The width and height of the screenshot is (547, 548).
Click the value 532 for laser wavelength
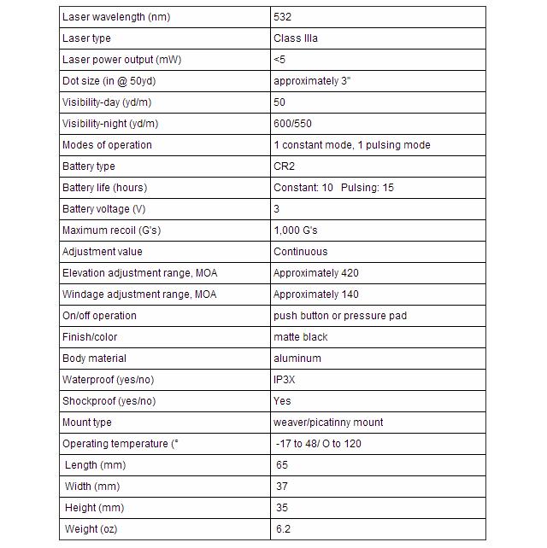click(282, 17)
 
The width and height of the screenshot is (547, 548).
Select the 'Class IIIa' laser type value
click(296, 38)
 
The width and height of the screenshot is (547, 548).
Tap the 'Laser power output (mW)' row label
click(121, 60)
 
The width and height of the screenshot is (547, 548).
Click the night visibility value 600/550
click(293, 124)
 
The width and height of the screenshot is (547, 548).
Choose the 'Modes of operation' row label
click(107, 145)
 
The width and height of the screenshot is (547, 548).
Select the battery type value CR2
click(284, 166)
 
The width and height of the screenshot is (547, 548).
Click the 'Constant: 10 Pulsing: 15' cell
click(333, 188)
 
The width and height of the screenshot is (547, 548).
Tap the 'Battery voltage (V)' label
click(103, 209)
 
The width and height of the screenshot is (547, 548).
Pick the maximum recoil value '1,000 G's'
click(296, 230)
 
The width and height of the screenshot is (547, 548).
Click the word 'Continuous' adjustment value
click(300, 252)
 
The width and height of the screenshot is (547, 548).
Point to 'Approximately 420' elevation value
click(315, 273)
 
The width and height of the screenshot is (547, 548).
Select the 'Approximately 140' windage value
click(315, 294)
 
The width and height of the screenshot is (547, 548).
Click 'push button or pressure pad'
click(339, 316)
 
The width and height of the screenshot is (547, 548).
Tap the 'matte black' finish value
click(300, 337)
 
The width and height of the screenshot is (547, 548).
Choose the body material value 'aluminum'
click(297, 359)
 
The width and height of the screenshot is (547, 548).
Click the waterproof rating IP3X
click(285, 380)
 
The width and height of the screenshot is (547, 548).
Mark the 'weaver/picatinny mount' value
click(328, 423)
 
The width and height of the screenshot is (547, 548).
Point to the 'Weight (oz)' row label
click(91, 529)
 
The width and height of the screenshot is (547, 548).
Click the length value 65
click(282, 465)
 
